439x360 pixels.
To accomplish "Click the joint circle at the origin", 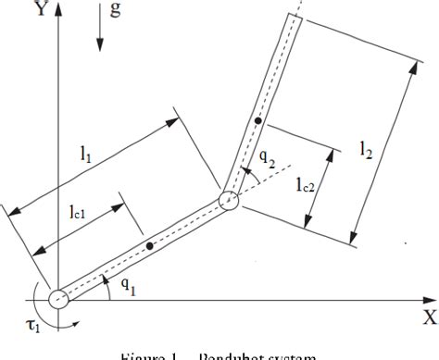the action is (x=57, y=299).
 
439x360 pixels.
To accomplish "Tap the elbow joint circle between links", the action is (x=229, y=201).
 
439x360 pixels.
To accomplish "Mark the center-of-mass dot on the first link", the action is (x=148, y=246).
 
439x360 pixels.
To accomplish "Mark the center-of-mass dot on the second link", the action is (x=259, y=121).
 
